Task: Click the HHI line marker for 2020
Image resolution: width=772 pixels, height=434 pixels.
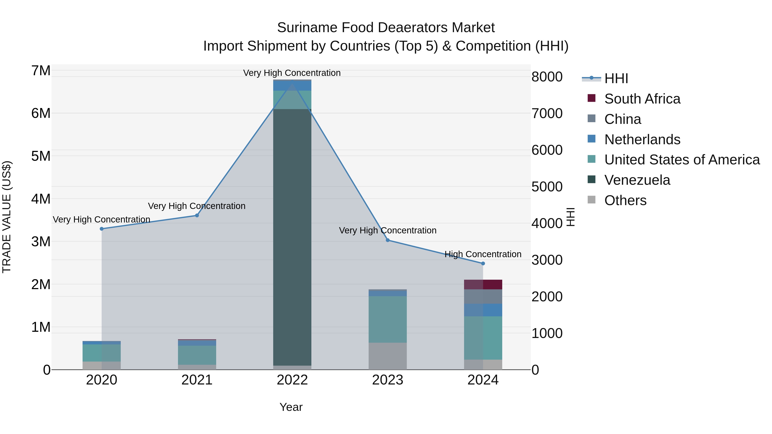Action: (102, 229)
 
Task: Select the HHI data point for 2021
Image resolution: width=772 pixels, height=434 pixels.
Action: (197, 215)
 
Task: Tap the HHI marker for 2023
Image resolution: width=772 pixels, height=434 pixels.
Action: (388, 240)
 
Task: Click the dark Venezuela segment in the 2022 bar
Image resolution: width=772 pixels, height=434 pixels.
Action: (292, 237)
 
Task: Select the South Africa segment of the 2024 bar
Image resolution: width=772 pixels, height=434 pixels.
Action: (483, 285)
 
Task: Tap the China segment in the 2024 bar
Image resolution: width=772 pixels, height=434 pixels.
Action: (483, 297)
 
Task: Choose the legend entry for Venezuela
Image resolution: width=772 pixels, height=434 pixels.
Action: (637, 180)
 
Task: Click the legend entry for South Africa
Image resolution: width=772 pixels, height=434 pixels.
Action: (642, 99)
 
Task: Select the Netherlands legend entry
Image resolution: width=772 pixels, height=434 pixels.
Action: (642, 140)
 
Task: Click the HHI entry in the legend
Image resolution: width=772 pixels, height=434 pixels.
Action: (616, 78)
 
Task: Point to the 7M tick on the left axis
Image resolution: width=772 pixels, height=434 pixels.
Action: (41, 71)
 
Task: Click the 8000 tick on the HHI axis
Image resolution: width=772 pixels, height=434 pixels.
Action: (547, 77)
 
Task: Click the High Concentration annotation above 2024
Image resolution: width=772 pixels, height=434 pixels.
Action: (483, 254)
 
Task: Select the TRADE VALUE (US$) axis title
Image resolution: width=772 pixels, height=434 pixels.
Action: (7, 217)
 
